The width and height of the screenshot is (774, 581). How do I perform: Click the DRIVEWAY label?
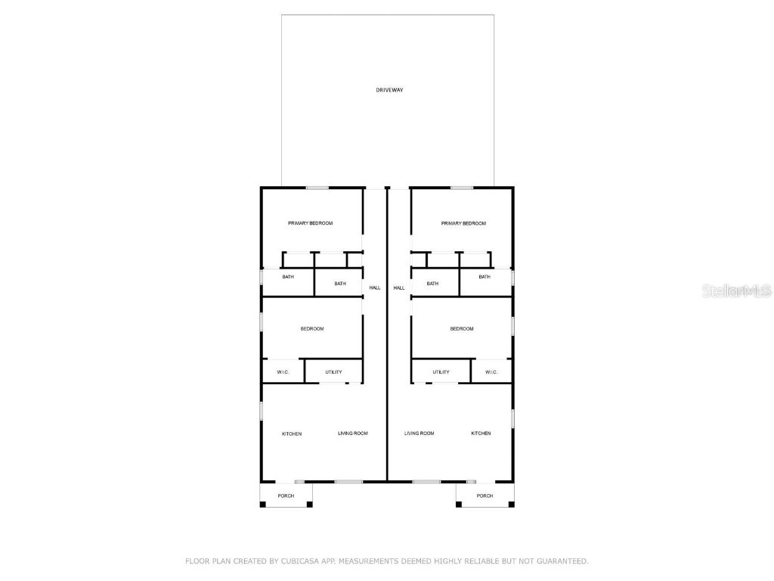coord(389,90)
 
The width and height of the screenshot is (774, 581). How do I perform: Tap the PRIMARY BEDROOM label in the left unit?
coord(310,223)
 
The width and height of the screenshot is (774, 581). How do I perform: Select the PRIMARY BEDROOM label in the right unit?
coord(463,223)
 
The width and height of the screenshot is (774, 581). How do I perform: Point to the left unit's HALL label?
coord(375,287)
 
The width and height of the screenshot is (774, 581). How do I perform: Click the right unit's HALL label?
coord(399,287)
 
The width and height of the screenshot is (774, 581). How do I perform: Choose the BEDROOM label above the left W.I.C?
coord(312,328)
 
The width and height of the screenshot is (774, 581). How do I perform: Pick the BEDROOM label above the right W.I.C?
coord(462,328)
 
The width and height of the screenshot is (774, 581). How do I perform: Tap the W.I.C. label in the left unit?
coord(283,372)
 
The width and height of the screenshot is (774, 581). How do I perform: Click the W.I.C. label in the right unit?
coord(491,372)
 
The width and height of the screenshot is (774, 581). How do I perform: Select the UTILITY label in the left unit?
coord(333,372)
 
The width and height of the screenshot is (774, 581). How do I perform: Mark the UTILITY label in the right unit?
coord(441,372)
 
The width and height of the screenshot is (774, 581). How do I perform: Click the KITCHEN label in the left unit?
coord(292,433)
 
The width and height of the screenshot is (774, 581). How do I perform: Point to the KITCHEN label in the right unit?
coord(481,433)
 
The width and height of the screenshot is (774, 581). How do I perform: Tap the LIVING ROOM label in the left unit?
coord(352,433)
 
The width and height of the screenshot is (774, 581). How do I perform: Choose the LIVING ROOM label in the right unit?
coord(420,433)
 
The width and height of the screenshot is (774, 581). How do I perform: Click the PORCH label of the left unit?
coord(286,496)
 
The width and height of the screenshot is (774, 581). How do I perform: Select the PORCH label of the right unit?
coord(485,496)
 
